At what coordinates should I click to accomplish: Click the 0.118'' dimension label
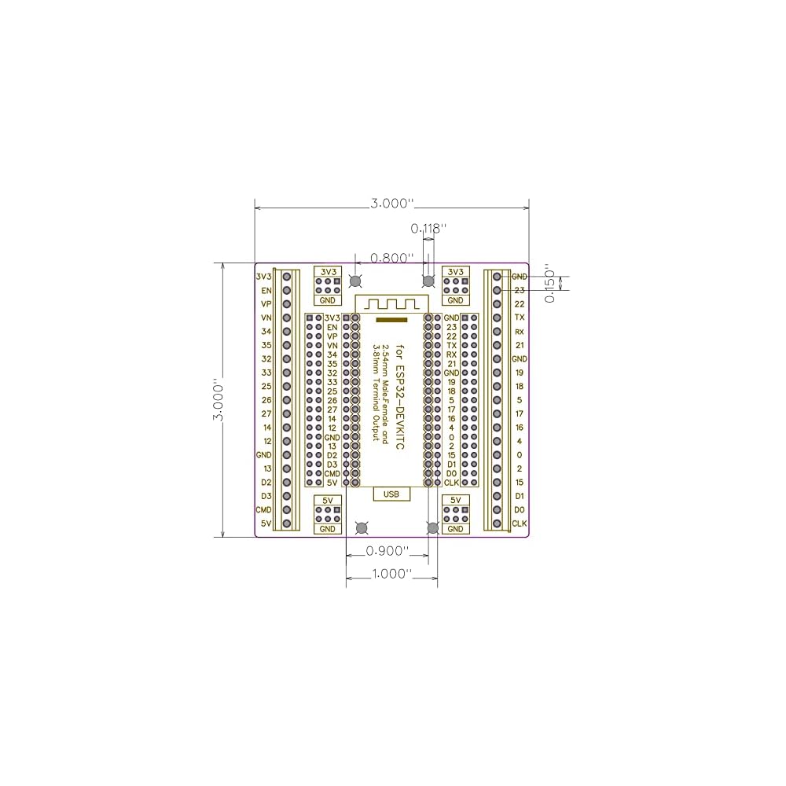click(x=428, y=229)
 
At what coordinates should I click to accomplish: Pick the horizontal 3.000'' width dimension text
click(x=391, y=203)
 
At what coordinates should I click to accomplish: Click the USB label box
click(x=391, y=494)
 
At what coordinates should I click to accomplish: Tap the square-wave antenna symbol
click(x=391, y=303)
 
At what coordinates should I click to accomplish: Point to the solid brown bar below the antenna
click(x=391, y=320)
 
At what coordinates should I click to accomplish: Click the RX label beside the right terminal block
click(x=520, y=332)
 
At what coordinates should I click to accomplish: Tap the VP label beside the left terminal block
click(x=266, y=304)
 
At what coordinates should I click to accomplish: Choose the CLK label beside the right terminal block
click(x=520, y=523)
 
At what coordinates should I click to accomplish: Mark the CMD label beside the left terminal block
click(x=264, y=510)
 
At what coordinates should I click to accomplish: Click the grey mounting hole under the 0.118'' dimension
click(x=428, y=281)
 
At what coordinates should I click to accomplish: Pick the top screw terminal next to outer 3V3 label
click(x=288, y=277)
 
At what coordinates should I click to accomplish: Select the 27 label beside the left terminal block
click(x=266, y=413)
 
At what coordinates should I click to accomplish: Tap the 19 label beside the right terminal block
click(x=520, y=373)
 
